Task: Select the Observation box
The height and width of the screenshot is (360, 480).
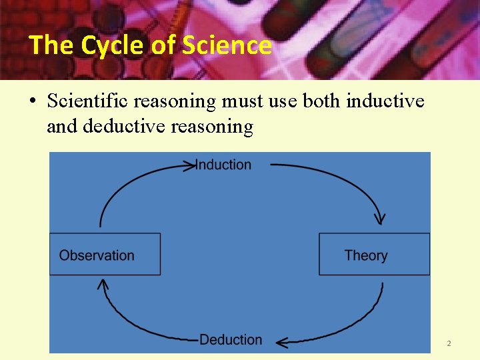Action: tap(105, 254)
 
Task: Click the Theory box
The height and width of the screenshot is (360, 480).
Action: tap(374, 254)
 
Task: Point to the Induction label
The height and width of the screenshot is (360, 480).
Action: tap(224, 165)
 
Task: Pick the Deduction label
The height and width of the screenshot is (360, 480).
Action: tap(231, 339)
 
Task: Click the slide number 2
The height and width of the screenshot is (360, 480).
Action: tap(449, 343)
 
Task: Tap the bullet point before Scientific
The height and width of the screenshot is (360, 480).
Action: tap(32, 102)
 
